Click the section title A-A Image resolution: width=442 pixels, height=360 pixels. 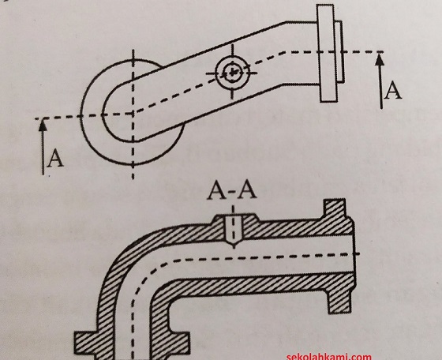coord(232,190)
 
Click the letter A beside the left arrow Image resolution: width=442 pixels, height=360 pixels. coord(55,158)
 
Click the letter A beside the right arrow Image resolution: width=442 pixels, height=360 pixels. coord(393,90)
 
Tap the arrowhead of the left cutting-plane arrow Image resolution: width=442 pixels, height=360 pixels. coord(43,126)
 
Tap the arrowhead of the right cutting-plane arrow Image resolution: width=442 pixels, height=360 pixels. coord(380,60)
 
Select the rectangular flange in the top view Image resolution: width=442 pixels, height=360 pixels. coord(327,53)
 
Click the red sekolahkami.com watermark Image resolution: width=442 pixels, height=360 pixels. coord(328,357)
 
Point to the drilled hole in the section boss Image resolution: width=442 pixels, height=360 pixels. coord(233,229)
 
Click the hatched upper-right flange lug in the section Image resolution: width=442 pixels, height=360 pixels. coord(335,209)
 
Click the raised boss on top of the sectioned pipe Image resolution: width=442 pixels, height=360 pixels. coord(235,219)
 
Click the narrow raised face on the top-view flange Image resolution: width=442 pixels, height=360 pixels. coord(340,52)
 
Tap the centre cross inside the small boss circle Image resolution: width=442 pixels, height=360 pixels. coord(232,73)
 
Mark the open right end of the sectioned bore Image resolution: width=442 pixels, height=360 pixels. coord(354,253)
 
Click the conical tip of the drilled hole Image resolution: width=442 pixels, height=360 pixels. coord(234,244)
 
